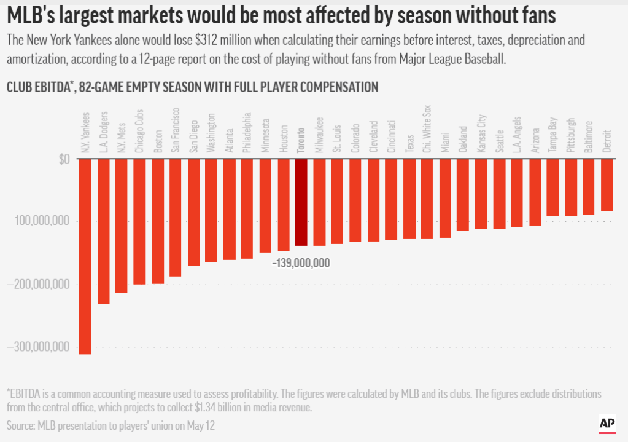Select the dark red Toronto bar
click(x=301, y=202)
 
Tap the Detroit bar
click(x=607, y=185)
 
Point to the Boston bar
click(x=158, y=221)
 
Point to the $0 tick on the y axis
click(x=64, y=159)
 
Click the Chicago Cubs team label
click(x=140, y=132)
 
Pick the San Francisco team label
click(x=176, y=130)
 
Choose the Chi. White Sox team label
click(x=427, y=128)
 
